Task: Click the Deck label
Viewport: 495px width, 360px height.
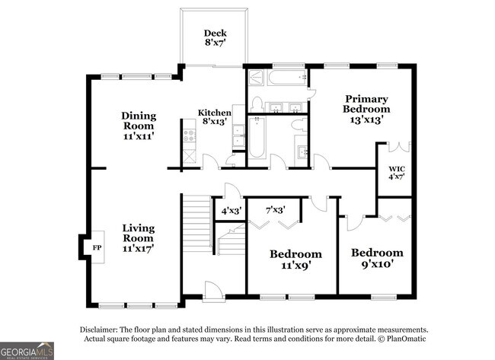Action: pos(216,38)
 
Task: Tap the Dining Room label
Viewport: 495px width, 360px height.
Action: pos(139,126)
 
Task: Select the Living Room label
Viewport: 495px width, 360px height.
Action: pos(139,237)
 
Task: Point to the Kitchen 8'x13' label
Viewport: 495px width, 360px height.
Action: pos(215,118)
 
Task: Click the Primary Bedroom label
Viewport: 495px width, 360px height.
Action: pos(366,108)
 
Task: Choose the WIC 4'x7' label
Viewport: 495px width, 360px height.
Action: pos(396,172)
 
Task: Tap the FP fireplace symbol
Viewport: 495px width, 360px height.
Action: pos(97,248)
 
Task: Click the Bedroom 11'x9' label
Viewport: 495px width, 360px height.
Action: pos(295,259)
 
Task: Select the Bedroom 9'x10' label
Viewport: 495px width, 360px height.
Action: pos(376,258)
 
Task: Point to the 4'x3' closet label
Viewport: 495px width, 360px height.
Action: pos(230,209)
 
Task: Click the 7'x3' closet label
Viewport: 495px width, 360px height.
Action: pos(274,209)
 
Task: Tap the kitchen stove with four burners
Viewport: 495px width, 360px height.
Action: pos(187,136)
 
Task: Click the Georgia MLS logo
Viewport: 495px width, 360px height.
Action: pos(27,350)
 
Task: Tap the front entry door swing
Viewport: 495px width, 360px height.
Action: pos(212,289)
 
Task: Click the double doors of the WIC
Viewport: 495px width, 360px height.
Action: pos(399,146)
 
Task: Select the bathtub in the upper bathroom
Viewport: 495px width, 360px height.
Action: pos(273,78)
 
